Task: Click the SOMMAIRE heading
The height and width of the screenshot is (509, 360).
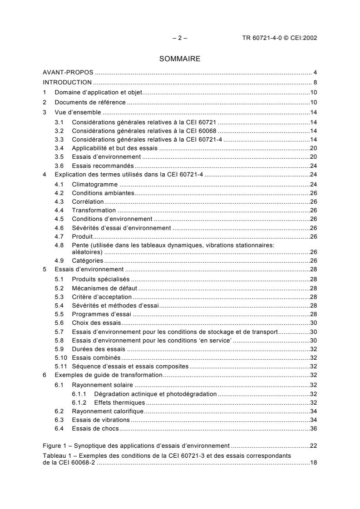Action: pyautogui.click(x=179, y=59)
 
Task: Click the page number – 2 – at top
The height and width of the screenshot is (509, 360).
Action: pyautogui.click(x=179, y=38)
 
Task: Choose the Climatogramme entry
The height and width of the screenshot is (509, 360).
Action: pyautogui.click(x=95, y=185)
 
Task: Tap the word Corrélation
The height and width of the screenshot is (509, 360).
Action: pyautogui.click(x=88, y=201)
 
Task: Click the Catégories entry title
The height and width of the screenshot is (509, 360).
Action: pyautogui.click(x=87, y=260)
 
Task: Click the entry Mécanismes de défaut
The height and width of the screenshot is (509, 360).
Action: pyautogui.click(x=105, y=288)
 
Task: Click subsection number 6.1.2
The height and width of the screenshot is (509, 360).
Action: pyautogui.click(x=80, y=402)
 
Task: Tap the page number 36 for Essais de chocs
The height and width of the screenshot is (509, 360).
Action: pyautogui.click(x=313, y=428)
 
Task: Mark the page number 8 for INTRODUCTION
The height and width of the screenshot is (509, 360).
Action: pyautogui.click(x=315, y=83)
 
